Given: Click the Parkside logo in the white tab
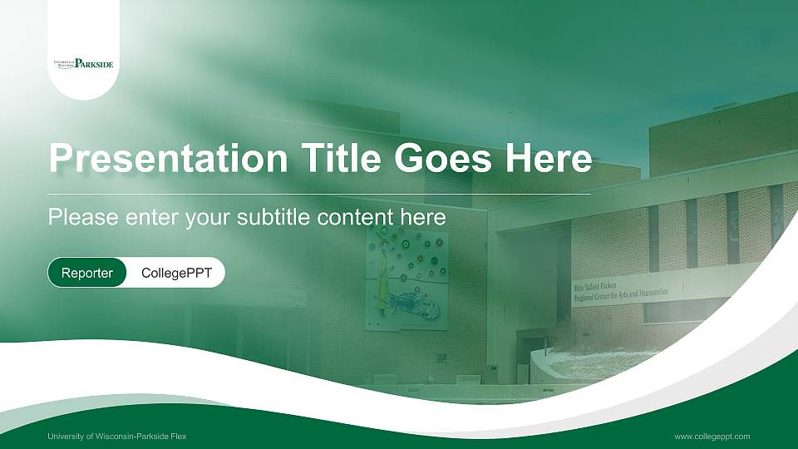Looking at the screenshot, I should tap(83, 63).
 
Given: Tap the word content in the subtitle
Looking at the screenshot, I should tap(354, 218).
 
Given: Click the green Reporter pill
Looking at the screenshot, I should tap(87, 273).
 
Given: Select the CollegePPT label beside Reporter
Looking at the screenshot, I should tap(176, 273).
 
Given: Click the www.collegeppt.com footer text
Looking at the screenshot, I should tap(712, 436).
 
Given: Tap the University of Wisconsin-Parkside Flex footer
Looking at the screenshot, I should tap(117, 436).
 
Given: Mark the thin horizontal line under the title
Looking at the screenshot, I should tap(319, 194).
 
